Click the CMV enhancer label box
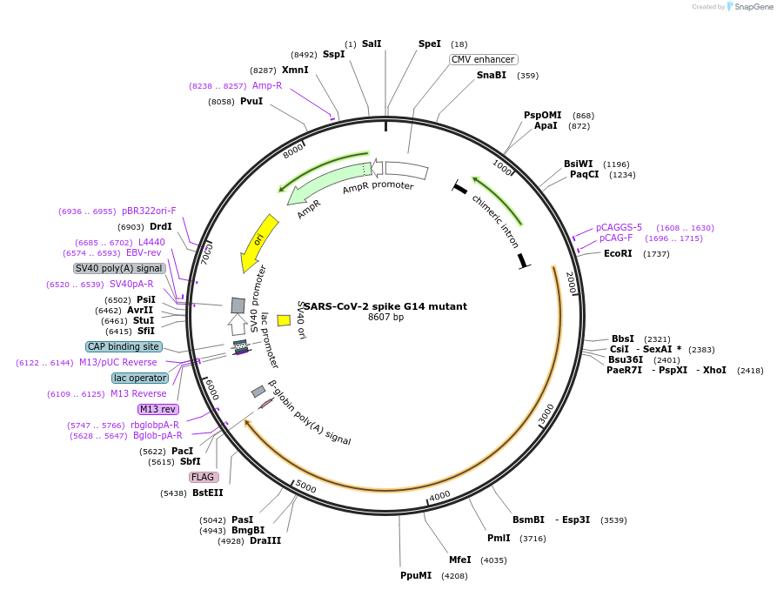click(483, 59)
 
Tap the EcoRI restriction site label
click(618, 254)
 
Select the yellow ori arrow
click(259, 242)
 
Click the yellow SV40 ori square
click(284, 320)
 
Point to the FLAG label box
click(203, 477)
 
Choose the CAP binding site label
click(124, 346)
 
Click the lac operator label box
click(139, 378)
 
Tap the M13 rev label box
click(157, 409)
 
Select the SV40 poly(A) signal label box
click(118, 268)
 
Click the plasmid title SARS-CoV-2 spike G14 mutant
click(385, 306)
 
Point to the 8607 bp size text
click(385, 318)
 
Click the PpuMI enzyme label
click(416, 576)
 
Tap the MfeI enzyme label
click(460, 560)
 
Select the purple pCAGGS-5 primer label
click(619, 227)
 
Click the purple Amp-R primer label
click(267, 85)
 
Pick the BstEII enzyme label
click(208, 493)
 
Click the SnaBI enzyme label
click(491, 76)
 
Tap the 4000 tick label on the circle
click(440, 495)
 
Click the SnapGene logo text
click(754, 7)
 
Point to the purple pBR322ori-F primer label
click(149, 211)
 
